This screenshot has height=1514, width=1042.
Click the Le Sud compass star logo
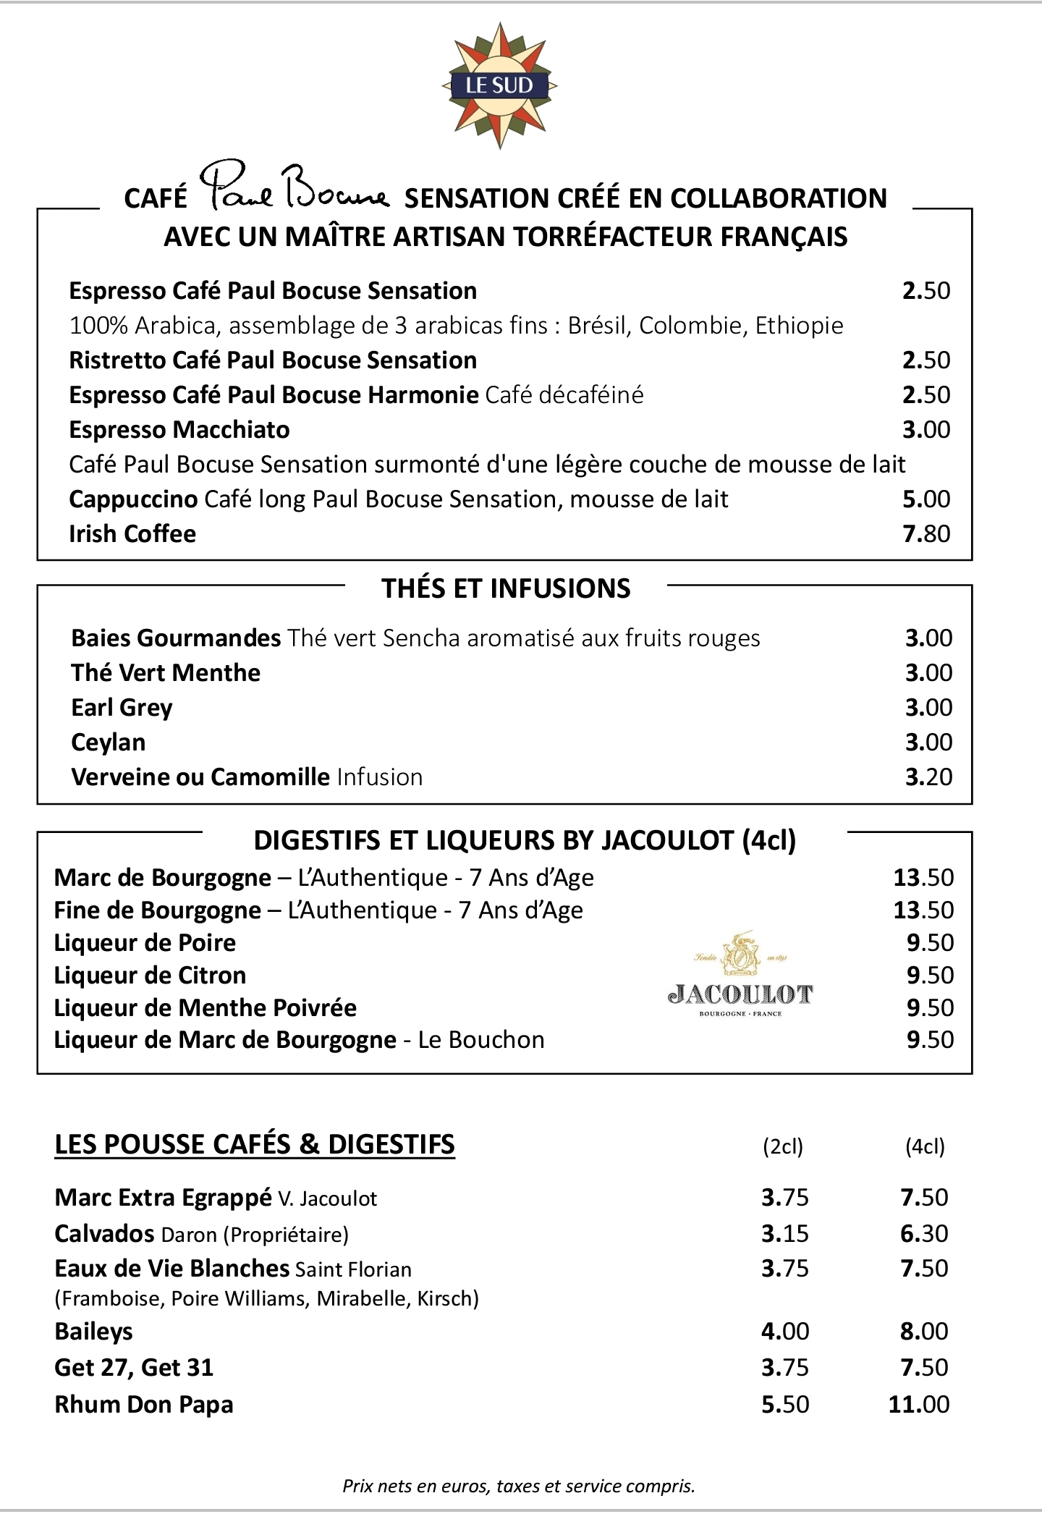point(499,85)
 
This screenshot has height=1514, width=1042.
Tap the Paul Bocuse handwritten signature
point(294,187)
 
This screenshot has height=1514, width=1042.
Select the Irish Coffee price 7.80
point(925,534)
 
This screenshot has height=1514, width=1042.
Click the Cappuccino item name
point(133,499)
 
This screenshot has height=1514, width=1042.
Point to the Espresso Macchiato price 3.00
point(925,430)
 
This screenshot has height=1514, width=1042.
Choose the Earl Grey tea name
point(122,708)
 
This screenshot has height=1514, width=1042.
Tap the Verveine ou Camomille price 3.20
point(928,777)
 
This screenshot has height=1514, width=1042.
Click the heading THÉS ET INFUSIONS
point(506,588)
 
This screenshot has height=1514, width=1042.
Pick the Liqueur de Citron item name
point(150,976)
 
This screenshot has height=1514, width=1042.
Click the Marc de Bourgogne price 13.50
point(923,877)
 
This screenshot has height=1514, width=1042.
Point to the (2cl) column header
point(783,1146)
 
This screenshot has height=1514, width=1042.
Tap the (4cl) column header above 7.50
point(925,1146)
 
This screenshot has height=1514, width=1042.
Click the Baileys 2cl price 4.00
point(784,1331)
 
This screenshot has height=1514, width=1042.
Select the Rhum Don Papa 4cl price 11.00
point(918,1404)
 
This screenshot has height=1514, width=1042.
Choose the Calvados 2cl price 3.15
point(784,1233)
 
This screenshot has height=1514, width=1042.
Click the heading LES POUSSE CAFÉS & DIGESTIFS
point(255,1144)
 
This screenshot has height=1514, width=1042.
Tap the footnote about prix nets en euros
point(518,1486)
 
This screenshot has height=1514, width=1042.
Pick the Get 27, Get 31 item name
point(134,1367)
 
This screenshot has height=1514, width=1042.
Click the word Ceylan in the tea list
point(109,743)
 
